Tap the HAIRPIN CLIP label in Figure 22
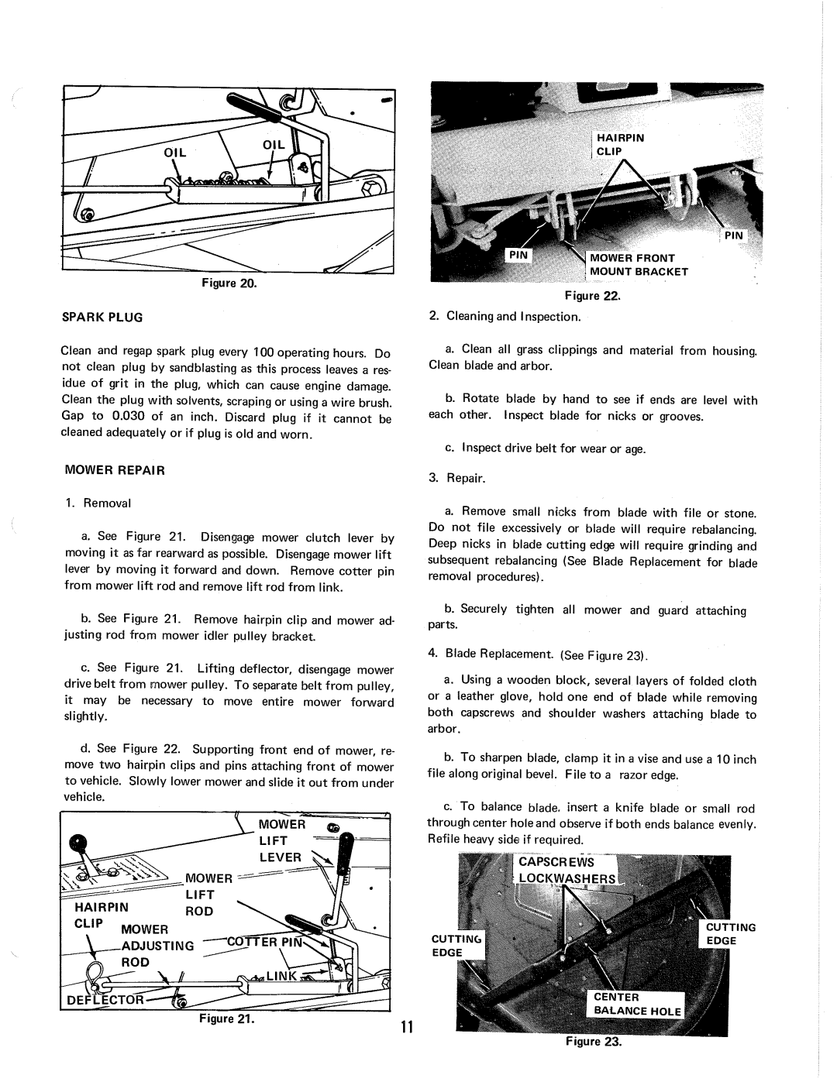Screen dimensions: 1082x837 (620, 145)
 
